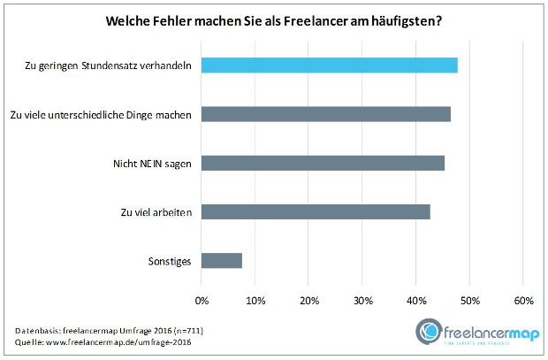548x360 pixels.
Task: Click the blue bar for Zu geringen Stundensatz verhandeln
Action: pyautogui.click(x=329, y=65)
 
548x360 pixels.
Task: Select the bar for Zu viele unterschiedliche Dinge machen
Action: pyautogui.click(x=326, y=114)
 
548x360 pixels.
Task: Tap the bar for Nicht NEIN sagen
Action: pyautogui.click(x=323, y=163)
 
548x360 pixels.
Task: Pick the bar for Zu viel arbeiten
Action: pyautogui.click(x=316, y=211)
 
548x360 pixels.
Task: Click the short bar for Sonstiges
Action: pyautogui.click(x=222, y=261)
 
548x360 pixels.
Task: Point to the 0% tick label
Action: pyautogui.click(x=202, y=301)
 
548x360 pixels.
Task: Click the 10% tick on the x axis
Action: pyautogui.click(x=255, y=301)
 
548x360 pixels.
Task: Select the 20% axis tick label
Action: pyautogui.click(x=308, y=301)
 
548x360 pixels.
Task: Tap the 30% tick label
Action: pyautogui.click(x=362, y=301)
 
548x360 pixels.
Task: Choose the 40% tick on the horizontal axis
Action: pyautogui.click(x=415, y=301)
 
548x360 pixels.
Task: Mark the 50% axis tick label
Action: pyautogui.click(x=469, y=301)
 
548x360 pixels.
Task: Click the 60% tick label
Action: pyautogui.click(x=522, y=301)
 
